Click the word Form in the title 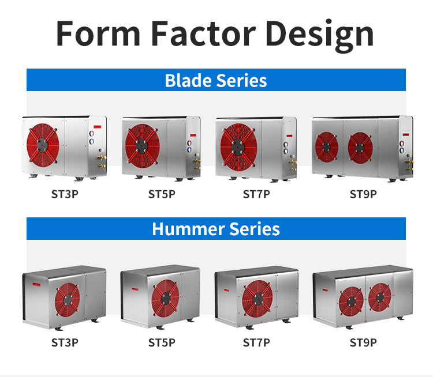click(x=98, y=33)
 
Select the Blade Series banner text click(x=216, y=81)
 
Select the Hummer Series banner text click(x=216, y=229)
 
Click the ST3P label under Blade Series click(x=65, y=194)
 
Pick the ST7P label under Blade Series click(x=256, y=194)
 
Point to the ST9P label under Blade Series click(x=363, y=194)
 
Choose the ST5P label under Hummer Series click(x=162, y=342)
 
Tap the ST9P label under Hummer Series click(x=363, y=342)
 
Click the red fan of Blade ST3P click(x=43, y=145)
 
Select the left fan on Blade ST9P click(x=327, y=147)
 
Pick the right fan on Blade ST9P click(x=360, y=148)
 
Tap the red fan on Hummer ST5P click(x=165, y=298)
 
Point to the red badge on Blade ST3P click(x=97, y=127)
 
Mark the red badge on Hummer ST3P click(x=36, y=284)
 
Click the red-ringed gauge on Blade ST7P click(x=286, y=145)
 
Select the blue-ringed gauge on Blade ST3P click(x=91, y=141)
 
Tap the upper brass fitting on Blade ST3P click(x=102, y=157)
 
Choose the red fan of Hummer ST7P click(x=257, y=299)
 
